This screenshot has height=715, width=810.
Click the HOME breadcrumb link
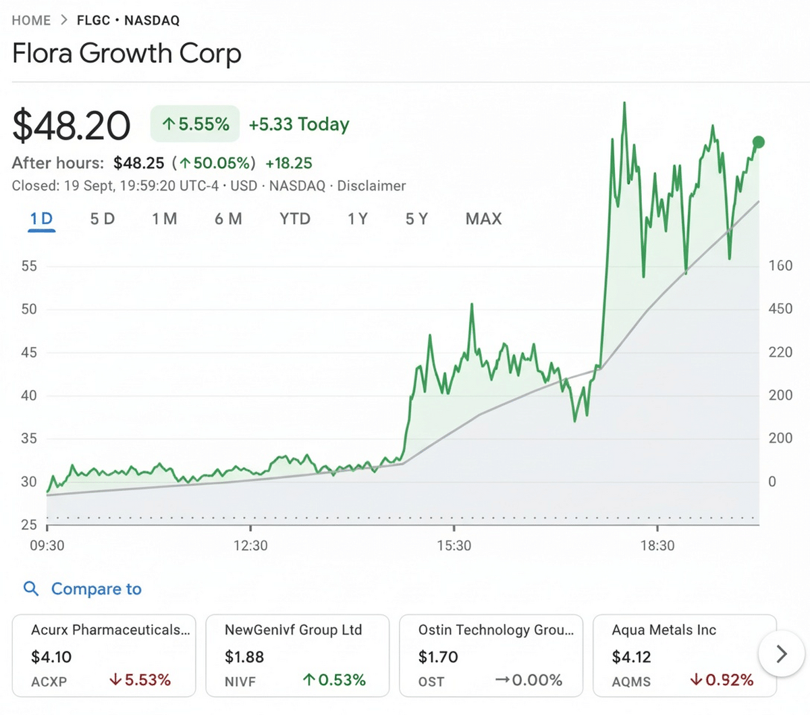pos(31,20)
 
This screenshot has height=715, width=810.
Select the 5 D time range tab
pos(103,219)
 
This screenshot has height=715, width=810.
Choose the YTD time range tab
pos(295,219)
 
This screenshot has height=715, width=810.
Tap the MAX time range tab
pos(483,219)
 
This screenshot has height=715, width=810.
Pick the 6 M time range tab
pos(228,219)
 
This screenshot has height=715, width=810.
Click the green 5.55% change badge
pos(194,124)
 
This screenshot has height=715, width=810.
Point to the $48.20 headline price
pos(71,125)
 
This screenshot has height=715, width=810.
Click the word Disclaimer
pos(371,186)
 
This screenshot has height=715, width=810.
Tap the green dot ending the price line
pos(758,142)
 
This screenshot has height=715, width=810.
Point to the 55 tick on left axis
pos(29,266)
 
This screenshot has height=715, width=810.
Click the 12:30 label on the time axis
pos(250,546)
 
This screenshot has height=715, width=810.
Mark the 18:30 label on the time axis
pos(657,546)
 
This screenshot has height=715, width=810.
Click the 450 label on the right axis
pos(780,309)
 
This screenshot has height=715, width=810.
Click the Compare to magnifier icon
pos(31,589)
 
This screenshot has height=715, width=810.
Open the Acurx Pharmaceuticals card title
pos(110,630)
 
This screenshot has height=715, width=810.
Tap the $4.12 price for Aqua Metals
pos(631,657)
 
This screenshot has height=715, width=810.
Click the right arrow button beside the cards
pos(781,655)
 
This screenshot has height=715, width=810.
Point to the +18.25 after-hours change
pos(289,163)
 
